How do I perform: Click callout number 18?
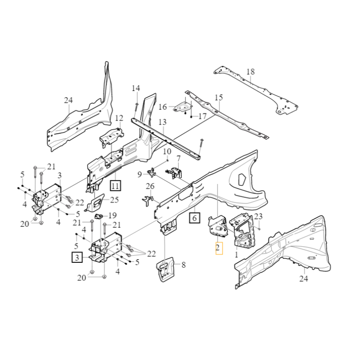[251, 72]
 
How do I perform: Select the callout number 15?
[219, 98]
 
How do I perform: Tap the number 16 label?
[162, 107]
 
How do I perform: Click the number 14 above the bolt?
[136, 88]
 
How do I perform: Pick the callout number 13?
[162, 122]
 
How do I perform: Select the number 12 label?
[119, 118]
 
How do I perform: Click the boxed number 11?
[116, 185]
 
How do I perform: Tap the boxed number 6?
[194, 219]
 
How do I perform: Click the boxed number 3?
[77, 257]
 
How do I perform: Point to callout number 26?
[150, 186]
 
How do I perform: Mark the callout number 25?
[114, 199]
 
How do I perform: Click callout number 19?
[112, 215]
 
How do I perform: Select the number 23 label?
[258, 216]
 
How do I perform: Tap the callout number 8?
[184, 265]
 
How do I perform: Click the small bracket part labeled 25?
[97, 203]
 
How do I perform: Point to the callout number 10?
[167, 152]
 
